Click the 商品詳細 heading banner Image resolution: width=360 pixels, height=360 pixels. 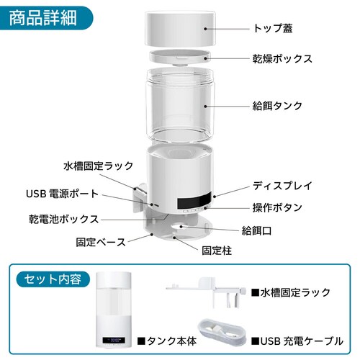(45, 18)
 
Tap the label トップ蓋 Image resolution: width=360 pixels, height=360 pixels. (273, 28)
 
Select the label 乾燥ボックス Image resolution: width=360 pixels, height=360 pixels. (282, 59)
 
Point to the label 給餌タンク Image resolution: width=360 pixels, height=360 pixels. (277, 106)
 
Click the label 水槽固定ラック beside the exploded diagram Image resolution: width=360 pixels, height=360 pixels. (99, 166)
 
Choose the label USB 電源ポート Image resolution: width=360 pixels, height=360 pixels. (63, 194)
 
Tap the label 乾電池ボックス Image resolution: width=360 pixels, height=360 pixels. (64, 219)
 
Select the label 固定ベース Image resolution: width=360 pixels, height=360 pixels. (101, 242)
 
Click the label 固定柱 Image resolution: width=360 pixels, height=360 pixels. (217, 251)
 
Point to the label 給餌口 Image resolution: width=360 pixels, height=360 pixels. (256, 231)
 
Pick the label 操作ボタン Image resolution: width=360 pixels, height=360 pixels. (277, 207)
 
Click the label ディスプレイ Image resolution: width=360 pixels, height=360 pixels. (282, 186)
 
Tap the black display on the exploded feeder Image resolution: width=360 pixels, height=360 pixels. (194, 200)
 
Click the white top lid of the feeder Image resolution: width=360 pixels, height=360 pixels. (180, 28)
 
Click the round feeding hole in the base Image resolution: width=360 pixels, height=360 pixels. (181, 226)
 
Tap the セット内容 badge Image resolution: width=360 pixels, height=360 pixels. (53, 279)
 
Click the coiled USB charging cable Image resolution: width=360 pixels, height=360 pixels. (222, 332)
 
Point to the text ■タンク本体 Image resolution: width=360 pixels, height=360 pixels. (167, 341)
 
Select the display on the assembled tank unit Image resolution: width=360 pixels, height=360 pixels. (114, 340)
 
